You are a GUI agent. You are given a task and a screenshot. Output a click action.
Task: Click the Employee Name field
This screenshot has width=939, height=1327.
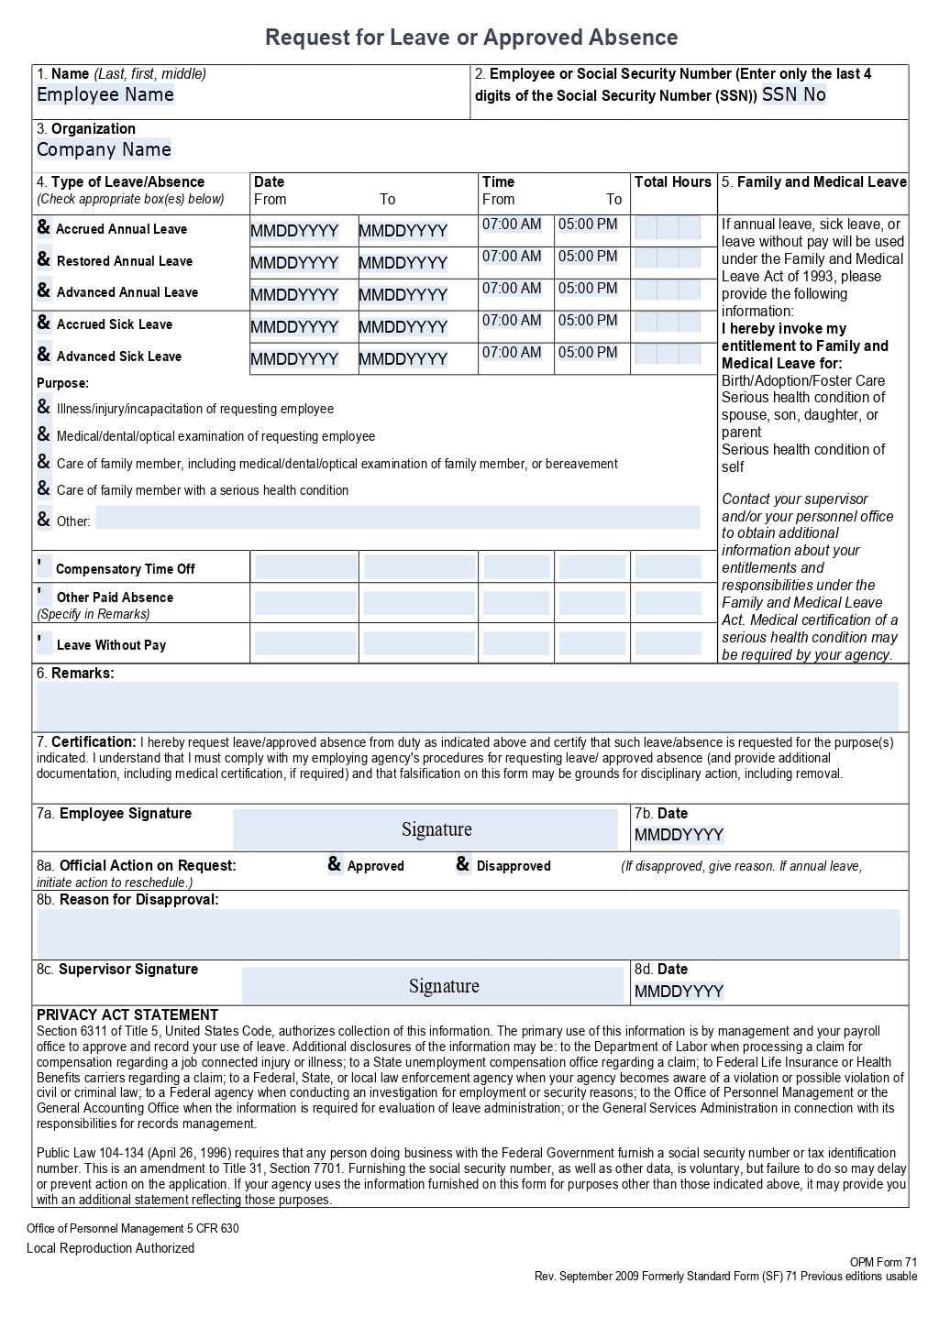(x=105, y=95)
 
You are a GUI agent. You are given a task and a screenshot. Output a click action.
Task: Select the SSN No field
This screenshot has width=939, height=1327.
(x=793, y=95)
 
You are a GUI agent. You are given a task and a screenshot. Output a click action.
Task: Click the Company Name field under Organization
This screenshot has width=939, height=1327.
(x=104, y=150)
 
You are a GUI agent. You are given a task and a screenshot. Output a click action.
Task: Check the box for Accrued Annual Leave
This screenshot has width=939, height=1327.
(x=44, y=227)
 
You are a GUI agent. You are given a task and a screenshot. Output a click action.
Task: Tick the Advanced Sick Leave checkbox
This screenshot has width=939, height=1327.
(x=44, y=355)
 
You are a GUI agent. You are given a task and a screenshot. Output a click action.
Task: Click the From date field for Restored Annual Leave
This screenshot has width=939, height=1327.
(x=294, y=263)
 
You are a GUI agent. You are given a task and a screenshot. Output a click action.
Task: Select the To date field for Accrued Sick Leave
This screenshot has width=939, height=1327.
(x=403, y=327)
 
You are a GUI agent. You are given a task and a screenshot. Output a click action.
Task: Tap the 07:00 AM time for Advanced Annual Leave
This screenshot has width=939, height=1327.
(x=512, y=289)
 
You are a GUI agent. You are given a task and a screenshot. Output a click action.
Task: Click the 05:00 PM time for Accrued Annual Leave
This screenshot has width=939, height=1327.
(x=588, y=225)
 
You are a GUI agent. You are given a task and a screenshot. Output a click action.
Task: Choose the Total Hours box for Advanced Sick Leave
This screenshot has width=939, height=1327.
(x=668, y=354)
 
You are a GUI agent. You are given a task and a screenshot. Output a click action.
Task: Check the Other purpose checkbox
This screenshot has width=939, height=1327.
(x=44, y=520)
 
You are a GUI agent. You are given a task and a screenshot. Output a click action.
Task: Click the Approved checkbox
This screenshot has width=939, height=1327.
(x=335, y=864)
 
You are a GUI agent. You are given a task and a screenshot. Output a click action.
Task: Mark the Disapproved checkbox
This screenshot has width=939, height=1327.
(x=463, y=864)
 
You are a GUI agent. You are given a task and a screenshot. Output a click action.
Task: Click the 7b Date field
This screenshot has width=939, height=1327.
(x=679, y=835)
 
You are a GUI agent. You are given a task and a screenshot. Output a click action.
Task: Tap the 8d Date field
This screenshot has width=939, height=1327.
(x=679, y=992)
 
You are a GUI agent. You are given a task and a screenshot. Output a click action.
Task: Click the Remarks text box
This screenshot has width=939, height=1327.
(x=468, y=706)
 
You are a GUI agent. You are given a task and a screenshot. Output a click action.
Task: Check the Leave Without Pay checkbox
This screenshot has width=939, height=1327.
(x=44, y=642)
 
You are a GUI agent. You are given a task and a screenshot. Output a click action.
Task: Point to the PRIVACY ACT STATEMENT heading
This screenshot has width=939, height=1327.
(x=127, y=1014)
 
